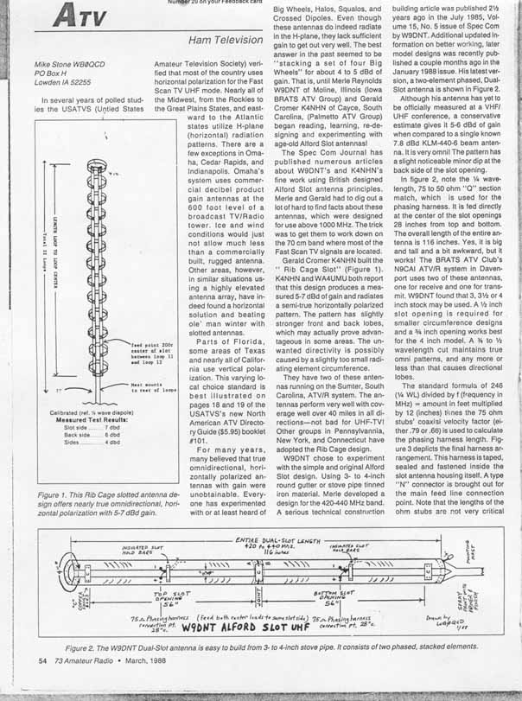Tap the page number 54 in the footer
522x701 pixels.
point(42,685)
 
